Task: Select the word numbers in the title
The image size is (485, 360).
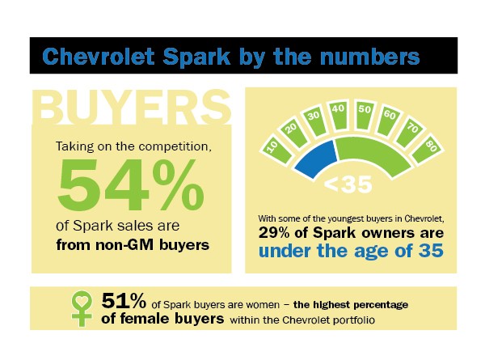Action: [x=373, y=57]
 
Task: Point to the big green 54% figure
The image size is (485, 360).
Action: [x=129, y=187]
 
